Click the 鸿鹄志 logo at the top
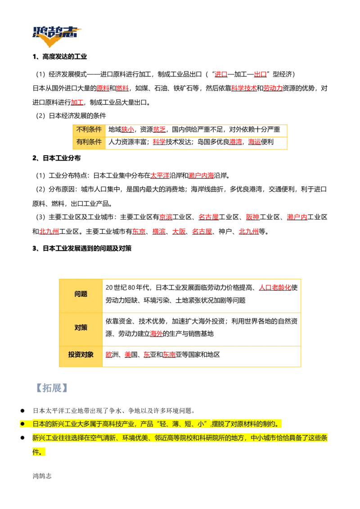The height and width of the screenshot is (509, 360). click(x=57, y=35)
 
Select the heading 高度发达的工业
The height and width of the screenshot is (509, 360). click(x=65, y=57)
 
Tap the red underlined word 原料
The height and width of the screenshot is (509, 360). click(x=103, y=88)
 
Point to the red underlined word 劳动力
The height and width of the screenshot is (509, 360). click(x=273, y=88)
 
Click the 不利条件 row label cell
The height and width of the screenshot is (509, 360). click(x=89, y=130)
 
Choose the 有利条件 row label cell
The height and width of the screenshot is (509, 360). click(x=89, y=142)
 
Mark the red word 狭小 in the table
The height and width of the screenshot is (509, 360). click(x=127, y=129)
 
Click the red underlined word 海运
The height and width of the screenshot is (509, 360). click(x=254, y=142)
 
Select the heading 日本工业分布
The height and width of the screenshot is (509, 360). click(x=62, y=158)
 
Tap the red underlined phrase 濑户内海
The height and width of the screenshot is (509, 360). click(x=201, y=176)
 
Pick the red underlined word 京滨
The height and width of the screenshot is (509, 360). click(x=166, y=217)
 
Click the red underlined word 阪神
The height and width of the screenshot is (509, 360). click(x=252, y=217)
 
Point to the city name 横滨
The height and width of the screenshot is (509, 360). click(x=159, y=232)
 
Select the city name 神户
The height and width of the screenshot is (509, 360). click(x=225, y=232)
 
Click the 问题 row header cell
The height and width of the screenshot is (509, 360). click(x=81, y=294)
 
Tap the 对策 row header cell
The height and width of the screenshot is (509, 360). click(x=81, y=327)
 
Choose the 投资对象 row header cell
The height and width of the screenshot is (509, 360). click(x=81, y=355)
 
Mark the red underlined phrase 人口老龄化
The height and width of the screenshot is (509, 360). click(x=275, y=288)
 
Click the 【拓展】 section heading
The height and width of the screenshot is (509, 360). click(x=52, y=388)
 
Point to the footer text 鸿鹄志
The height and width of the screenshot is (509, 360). click(x=42, y=476)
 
